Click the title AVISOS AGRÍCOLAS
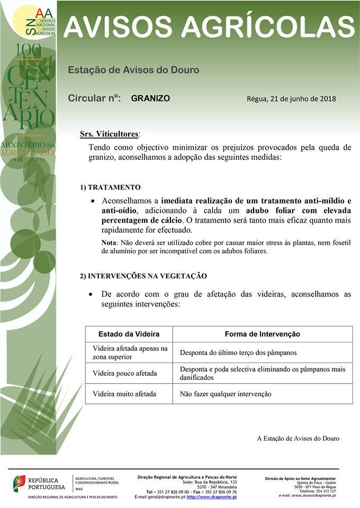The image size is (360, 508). (x=209, y=25)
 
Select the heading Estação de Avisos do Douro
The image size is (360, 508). (x=133, y=70)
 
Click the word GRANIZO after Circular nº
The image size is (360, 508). (x=150, y=98)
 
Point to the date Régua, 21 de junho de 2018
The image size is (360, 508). (x=291, y=99)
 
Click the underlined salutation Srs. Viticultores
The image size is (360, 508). (x=110, y=134)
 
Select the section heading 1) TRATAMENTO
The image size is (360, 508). (x=110, y=187)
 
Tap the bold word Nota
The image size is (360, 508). (x=110, y=242)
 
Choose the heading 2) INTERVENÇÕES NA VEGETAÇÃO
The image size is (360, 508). (x=143, y=276)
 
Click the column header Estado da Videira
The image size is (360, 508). (x=129, y=334)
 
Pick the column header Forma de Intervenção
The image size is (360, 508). (x=262, y=334)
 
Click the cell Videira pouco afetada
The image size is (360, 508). (x=124, y=373)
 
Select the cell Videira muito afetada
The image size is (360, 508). (x=124, y=394)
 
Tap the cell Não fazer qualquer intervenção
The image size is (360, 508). (x=226, y=394)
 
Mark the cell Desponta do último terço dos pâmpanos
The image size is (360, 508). (x=238, y=352)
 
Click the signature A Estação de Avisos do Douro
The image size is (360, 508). (x=298, y=438)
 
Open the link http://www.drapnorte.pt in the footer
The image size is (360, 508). (x=211, y=497)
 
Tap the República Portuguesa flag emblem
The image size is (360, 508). (x=20, y=482)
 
